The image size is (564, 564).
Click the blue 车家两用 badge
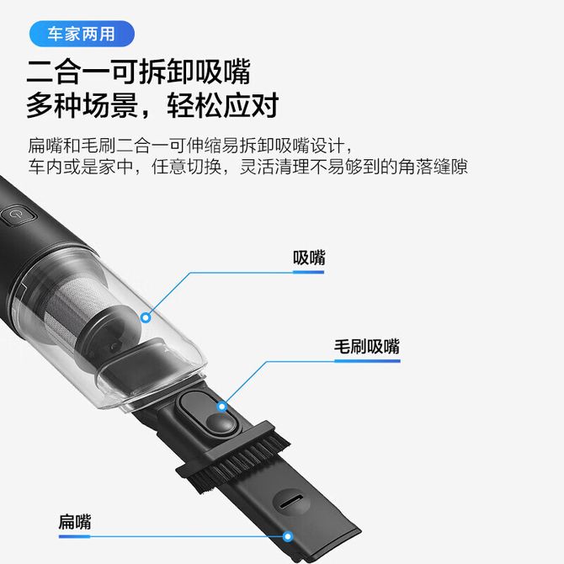82,34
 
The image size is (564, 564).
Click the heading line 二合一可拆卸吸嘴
139,72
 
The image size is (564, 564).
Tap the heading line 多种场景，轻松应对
152,104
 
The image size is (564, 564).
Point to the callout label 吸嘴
309,258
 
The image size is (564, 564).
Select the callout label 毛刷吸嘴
367,347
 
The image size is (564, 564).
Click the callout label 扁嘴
75,522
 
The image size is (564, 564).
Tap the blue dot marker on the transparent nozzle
146,317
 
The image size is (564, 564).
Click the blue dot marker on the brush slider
222,407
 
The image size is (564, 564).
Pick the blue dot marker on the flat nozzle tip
287,537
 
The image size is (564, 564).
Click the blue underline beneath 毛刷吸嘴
367,361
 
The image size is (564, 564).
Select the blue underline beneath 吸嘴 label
309,272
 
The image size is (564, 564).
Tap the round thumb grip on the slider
221,423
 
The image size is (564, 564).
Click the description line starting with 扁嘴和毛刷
190,146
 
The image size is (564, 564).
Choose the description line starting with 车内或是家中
247,167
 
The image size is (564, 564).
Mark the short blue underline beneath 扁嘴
74,537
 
